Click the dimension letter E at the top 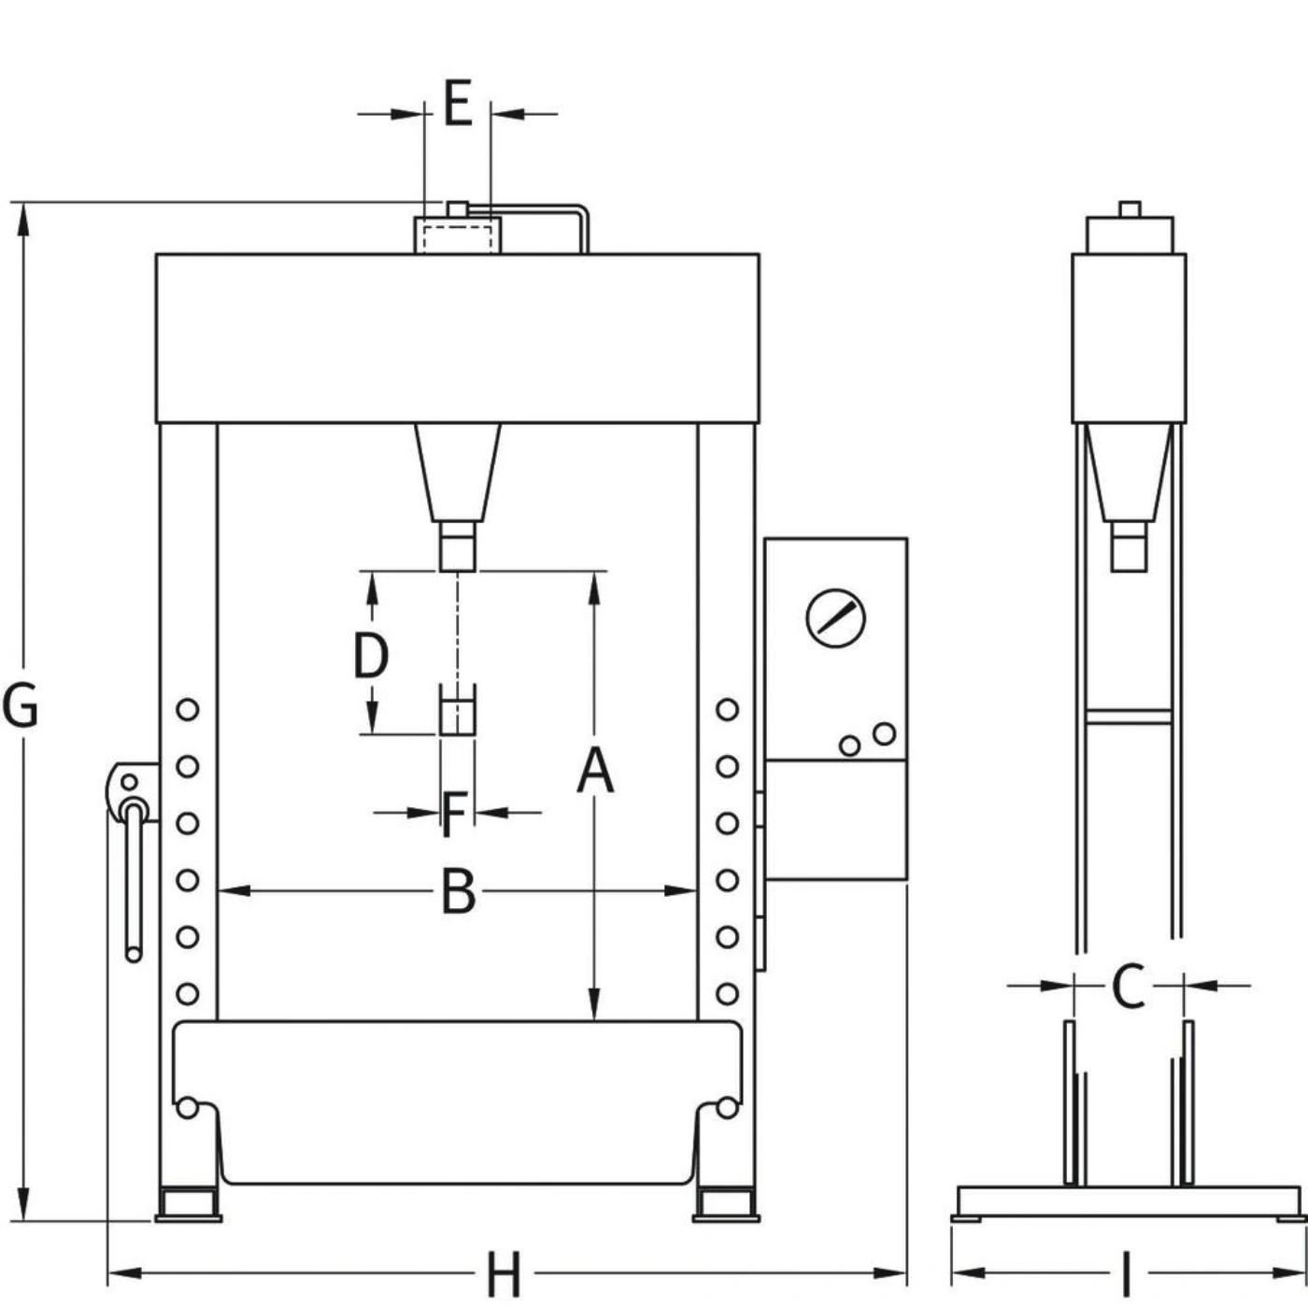pos(458,103)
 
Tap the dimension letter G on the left pos(21,706)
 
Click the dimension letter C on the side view pos(1128,985)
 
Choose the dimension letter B pos(458,891)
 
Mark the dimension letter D pos(371,655)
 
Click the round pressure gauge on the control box pos(835,618)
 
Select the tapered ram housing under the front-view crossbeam pos(458,473)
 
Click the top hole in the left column pos(188,710)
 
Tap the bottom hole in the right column pos(727,994)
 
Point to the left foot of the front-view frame pos(189,1206)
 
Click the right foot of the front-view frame pos(726,1206)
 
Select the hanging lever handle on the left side pos(135,882)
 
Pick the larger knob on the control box pos(884,733)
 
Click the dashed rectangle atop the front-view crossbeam pos(458,239)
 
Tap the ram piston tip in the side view pos(1128,547)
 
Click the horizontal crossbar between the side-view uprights pos(1129,717)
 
